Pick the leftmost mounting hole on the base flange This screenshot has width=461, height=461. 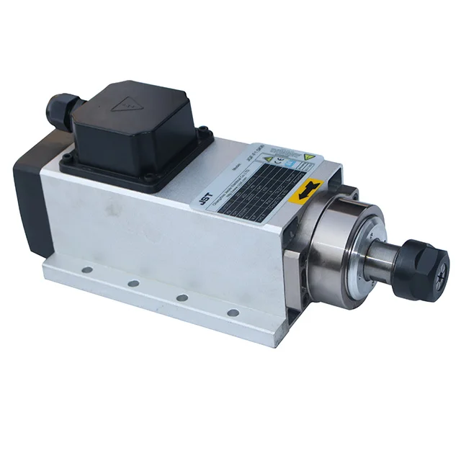[x=87, y=269]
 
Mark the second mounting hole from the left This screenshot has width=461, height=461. [x=133, y=283]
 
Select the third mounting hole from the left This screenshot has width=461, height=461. [x=182, y=297]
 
